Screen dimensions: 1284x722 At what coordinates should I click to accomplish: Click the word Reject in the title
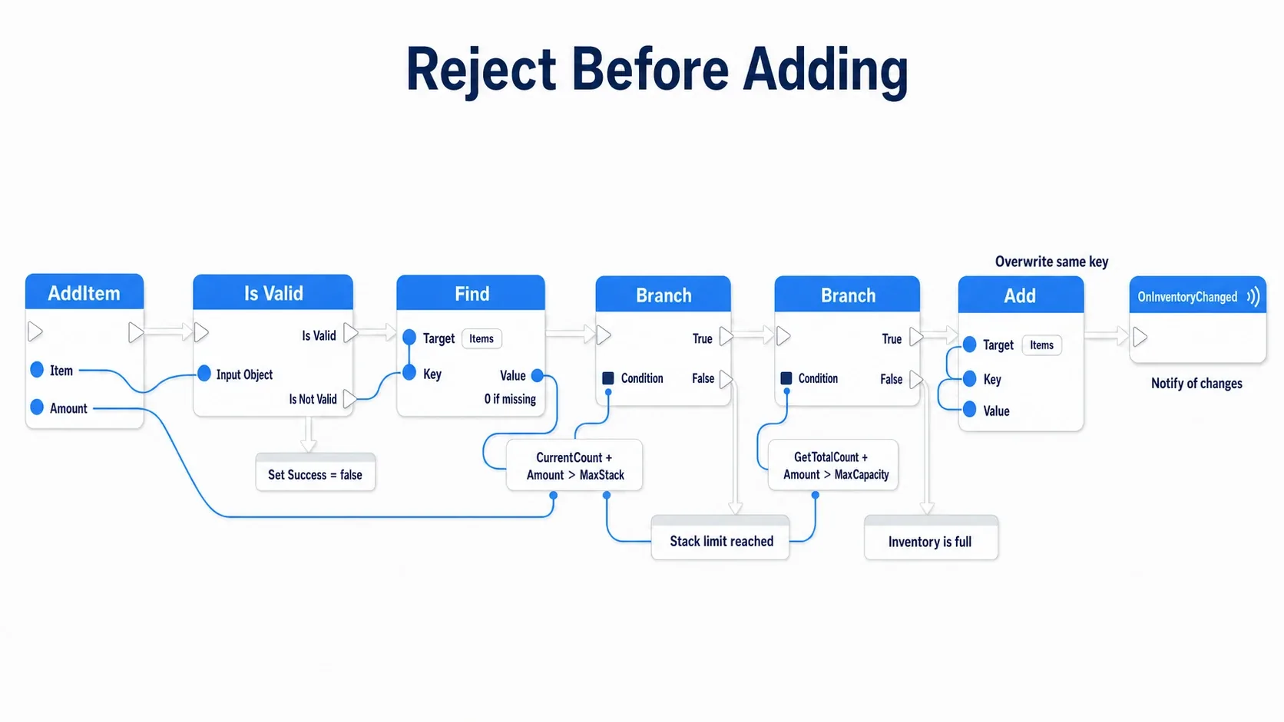(481, 71)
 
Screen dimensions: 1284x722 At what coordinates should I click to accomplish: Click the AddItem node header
(84, 292)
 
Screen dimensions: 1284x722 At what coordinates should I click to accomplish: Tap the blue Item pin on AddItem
(37, 370)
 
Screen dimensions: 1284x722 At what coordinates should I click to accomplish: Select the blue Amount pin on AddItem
(37, 407)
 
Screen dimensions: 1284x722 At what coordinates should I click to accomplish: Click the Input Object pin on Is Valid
(204, 374)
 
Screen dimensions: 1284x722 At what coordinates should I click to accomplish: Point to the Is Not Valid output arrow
(349, 398)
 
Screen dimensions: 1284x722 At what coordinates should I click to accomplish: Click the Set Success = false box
(316, 473)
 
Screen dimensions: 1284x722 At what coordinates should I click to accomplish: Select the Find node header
(471, 292)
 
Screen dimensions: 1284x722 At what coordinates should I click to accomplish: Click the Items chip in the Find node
(481, 338)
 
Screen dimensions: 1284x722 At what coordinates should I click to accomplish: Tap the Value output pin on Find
(537, 376)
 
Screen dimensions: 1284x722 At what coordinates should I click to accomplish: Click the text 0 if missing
(510, 399)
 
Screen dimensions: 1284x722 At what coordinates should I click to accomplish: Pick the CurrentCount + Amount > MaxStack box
(574, 466)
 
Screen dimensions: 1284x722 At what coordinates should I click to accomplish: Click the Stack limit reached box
(720, 538)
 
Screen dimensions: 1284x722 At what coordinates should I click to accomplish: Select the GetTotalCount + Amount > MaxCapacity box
(833, 465)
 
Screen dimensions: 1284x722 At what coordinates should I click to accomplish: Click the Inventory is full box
(931, 538)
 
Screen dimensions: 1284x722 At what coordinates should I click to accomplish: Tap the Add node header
(1021, 295)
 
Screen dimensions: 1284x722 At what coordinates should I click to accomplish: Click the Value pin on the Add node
(969, 410)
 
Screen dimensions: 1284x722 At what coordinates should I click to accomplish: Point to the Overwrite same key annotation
(1051, 262)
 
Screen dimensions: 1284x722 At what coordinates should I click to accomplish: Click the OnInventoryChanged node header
(1197, 295)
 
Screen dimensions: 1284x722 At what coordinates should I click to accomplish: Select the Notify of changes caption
(1196, 383)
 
